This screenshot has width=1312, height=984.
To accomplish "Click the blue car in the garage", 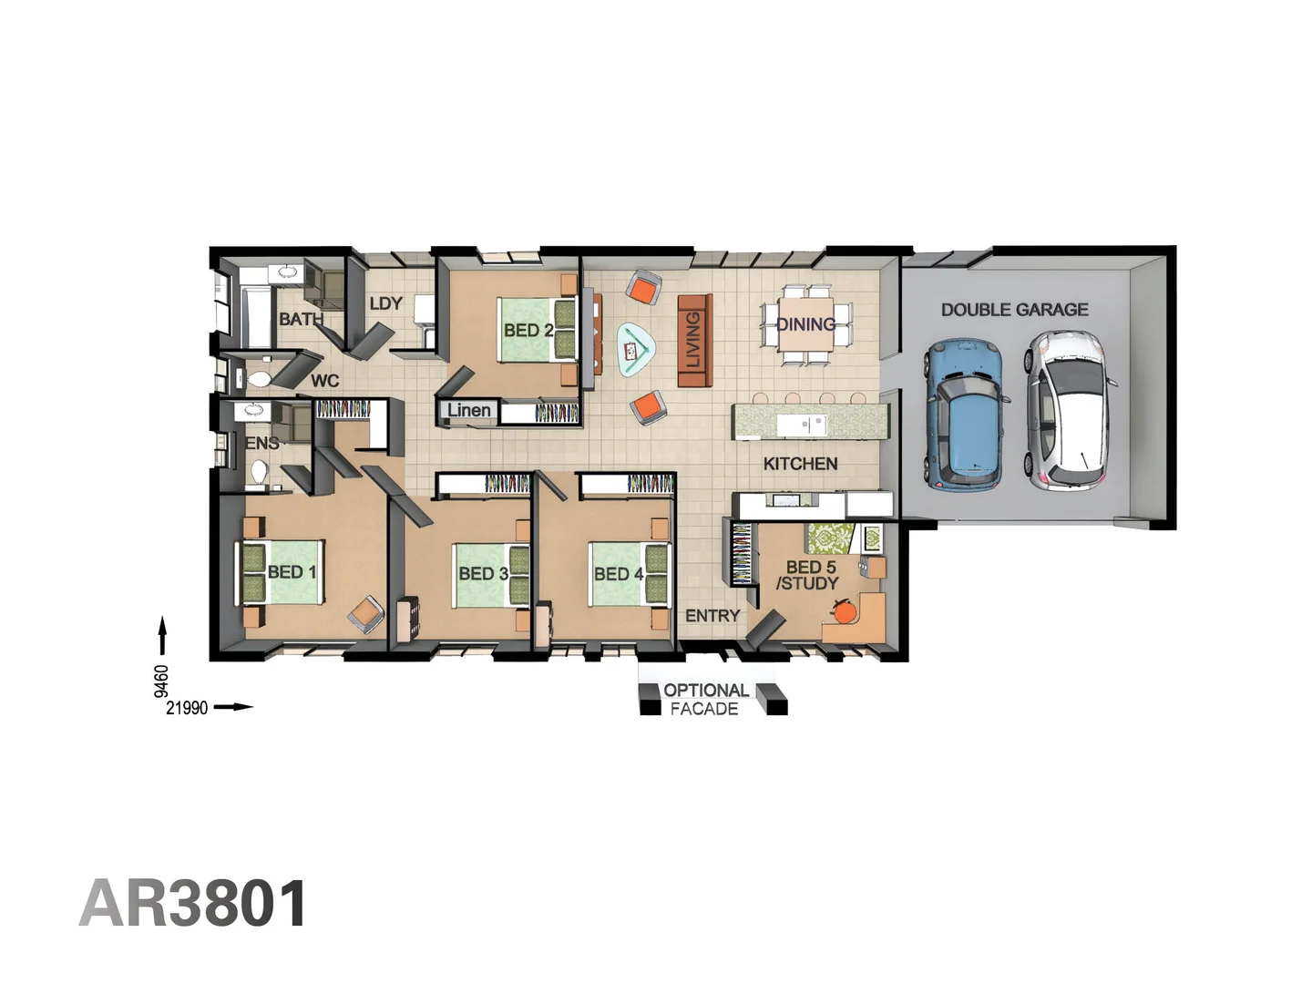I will [965, 414].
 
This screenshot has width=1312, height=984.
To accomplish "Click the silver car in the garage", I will [1067, 411].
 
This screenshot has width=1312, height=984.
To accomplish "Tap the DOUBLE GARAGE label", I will [1014, 310].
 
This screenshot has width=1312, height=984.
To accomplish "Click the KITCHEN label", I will [800, 464].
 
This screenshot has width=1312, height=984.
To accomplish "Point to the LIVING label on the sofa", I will [693, 340].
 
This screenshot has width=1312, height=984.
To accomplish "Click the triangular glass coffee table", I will [636, 349].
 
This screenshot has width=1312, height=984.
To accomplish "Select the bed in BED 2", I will [538, 329].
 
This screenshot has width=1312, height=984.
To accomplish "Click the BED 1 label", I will [292, 572].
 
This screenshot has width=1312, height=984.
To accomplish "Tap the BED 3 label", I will [483, 574].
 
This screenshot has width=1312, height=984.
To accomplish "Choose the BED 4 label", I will [619, 574].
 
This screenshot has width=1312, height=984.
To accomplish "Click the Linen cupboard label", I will [468, 411].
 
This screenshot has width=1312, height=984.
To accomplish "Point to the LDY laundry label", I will [385, 303].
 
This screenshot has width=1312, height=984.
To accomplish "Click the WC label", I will [324, 381].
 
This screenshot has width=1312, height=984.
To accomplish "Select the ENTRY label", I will [712, 616].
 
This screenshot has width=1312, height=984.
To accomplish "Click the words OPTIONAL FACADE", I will [705, 699].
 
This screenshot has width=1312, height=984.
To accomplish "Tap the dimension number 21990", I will [187, 708].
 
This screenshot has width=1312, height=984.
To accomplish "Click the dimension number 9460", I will [161, 681].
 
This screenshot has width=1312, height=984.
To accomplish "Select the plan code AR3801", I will [193, 904].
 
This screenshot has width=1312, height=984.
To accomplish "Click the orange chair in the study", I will [846, 611].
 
